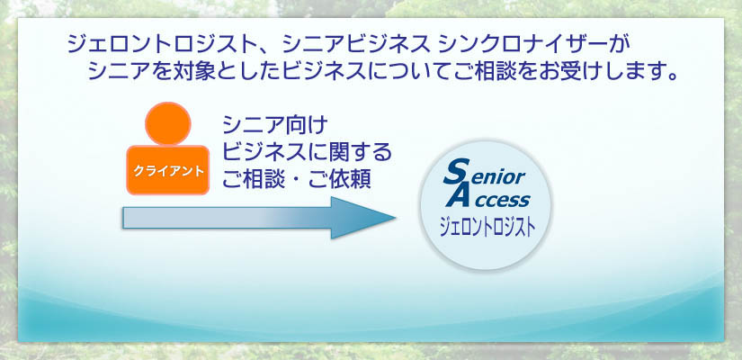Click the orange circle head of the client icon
pyautogui.click(x=168, y=124)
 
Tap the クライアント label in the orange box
pyautogui.click(x=168, y=171)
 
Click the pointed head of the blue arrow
pyautogui.click(x=363, y=218)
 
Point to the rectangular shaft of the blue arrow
pyautogui.click(x=228, y=218)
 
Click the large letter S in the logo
pyautogui.click(x=456, y=172)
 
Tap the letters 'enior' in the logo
pyautogui.click(x=498, y=176)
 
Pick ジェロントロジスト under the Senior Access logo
pyautogui.click(x=487, y=227)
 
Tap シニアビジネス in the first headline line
pyautogui.click(x=355, y=45)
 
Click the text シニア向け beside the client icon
pyautogui.click(x=275, y=125)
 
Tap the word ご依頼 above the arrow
pyautogui.click(x=340, y=179)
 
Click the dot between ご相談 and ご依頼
pyautogui.click(x=297, y=179)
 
